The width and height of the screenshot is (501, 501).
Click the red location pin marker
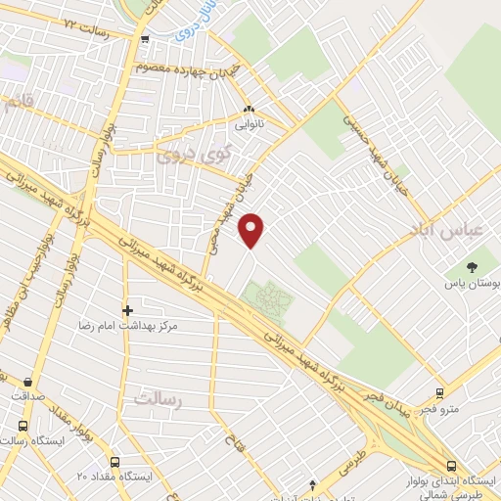pyautogui.click(x=252, y=229)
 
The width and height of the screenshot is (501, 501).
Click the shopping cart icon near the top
pyautogui.click(x=144, y=39)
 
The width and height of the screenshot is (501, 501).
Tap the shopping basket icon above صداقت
pyautogui.click(x=26, y=382)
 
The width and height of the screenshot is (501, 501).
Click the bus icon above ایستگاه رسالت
pyautogui.click(x=22, y=427)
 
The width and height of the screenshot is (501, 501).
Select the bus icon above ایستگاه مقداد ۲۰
pyautogui.click(x=114, y=462)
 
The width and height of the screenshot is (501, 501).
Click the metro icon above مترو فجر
pyautogui.click(x=439, y=393)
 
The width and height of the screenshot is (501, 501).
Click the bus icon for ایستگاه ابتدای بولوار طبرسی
pyautogui.click(x=451, y=466)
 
